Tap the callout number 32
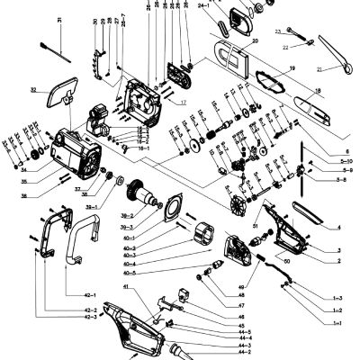click(x=33, y=89)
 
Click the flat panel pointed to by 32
click(x=62, y=93)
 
